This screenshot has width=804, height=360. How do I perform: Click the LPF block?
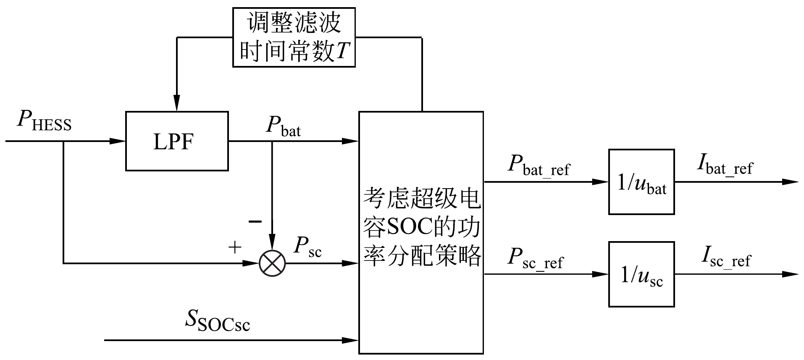[177, 141]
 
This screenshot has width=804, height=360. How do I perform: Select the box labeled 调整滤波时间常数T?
[294, 37]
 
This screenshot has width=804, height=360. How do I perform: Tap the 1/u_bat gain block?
[641, 182]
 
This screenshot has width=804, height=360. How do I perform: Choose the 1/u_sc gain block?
[641, 274]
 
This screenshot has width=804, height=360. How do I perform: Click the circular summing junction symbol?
[272, 263]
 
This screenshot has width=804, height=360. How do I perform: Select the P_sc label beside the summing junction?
[307, 247]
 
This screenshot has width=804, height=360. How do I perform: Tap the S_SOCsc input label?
[218, 322]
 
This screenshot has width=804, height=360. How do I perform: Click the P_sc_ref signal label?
[535, 258]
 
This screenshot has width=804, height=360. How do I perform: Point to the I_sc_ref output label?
[725, 258]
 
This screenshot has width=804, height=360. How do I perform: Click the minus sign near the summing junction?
[255, 221]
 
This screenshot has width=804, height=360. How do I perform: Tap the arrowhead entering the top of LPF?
[177, 105]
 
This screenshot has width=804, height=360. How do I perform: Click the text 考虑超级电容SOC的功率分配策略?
[421, 227]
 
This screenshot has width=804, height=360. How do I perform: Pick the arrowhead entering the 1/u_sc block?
[601, 274]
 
